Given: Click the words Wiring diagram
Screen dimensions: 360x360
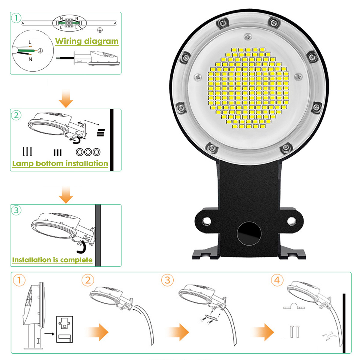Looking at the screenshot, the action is coord(87,41).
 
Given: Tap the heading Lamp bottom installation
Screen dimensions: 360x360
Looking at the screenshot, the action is coord(60,163).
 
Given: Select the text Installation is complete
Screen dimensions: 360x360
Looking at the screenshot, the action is coord(52,260).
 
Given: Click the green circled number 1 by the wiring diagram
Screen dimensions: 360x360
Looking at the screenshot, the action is coord(16,18).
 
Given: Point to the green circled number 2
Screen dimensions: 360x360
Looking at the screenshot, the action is coord(16,115).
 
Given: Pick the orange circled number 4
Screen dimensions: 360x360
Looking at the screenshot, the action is coord(277,280).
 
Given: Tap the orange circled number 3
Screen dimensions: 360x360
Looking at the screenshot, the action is coord(167,280).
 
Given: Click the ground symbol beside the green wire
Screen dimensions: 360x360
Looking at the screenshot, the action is coord(40,50).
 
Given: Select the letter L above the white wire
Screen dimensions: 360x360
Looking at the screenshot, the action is coord(30,42).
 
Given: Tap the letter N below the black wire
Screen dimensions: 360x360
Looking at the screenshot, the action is coord(30,59).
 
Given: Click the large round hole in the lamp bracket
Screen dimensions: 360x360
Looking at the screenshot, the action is coord(249,234).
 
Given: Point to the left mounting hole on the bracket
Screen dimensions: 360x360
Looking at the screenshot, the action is coord(206,221).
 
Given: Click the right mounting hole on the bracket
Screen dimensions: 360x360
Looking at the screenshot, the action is coord(291,221).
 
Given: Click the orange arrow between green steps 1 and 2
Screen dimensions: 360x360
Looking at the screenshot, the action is coord(66,98).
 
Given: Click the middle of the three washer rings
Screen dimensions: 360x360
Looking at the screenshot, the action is coord(88,152).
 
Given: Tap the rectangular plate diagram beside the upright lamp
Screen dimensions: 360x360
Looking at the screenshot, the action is coord(64,329).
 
